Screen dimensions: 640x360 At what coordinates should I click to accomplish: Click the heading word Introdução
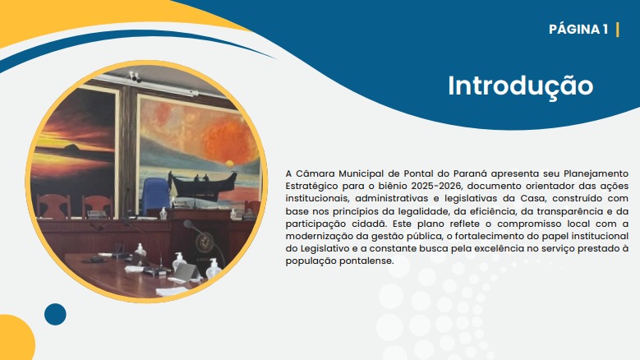coord(520,86)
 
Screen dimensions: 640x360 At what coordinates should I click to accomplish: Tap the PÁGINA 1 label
coord(578,30)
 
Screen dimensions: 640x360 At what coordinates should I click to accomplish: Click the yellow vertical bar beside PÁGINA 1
coord(618,30)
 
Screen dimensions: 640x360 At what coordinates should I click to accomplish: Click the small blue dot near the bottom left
coord(55,314)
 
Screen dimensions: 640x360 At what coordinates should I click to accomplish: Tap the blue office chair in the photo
coord(155,195)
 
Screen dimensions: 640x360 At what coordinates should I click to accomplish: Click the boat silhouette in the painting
coord(203,184)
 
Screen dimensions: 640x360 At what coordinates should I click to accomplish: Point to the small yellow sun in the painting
coord(229,164)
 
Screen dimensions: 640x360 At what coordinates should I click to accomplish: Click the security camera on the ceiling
coord(134,76)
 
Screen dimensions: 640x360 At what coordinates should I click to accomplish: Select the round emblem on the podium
coord(205,242)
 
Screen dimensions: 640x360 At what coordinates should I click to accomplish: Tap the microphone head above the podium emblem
coord(188,224)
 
